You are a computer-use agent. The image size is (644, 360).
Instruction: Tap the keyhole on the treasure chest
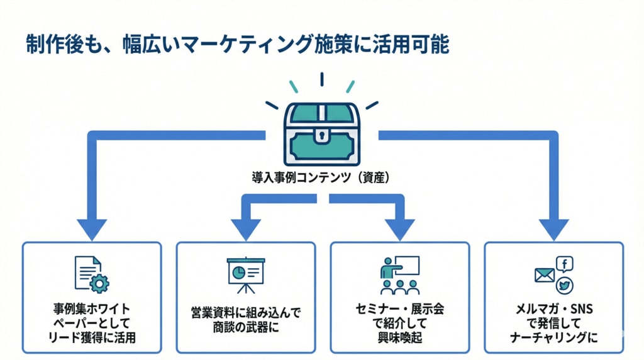[x=321, y=135]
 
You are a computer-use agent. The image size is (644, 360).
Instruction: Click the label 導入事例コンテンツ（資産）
[x=321, y=178]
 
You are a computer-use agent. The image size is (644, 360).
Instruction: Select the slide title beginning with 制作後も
[x=238, y=45]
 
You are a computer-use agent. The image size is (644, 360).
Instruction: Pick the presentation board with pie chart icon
[x=245, y=274]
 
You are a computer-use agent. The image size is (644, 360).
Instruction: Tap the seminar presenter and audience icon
[x=399, y=274]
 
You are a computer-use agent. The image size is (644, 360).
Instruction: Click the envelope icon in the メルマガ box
[x=544, y=275]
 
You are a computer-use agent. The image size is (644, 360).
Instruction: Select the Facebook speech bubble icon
[x=564, y=265]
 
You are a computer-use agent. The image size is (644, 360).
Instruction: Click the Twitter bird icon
[x=565, y=284]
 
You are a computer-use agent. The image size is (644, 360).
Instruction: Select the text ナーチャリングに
[x=554, y=339]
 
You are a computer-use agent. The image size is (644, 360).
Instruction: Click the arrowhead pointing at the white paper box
[x=92, y=228]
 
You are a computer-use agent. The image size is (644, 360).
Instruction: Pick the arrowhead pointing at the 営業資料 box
[x=246, y=228]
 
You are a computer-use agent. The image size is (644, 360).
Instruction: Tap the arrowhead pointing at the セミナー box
[x=399, y=228]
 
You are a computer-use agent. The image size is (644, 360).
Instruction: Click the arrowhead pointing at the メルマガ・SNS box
[x=554, y=228]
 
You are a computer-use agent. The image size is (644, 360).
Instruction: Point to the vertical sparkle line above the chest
[x=321, y=79]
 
